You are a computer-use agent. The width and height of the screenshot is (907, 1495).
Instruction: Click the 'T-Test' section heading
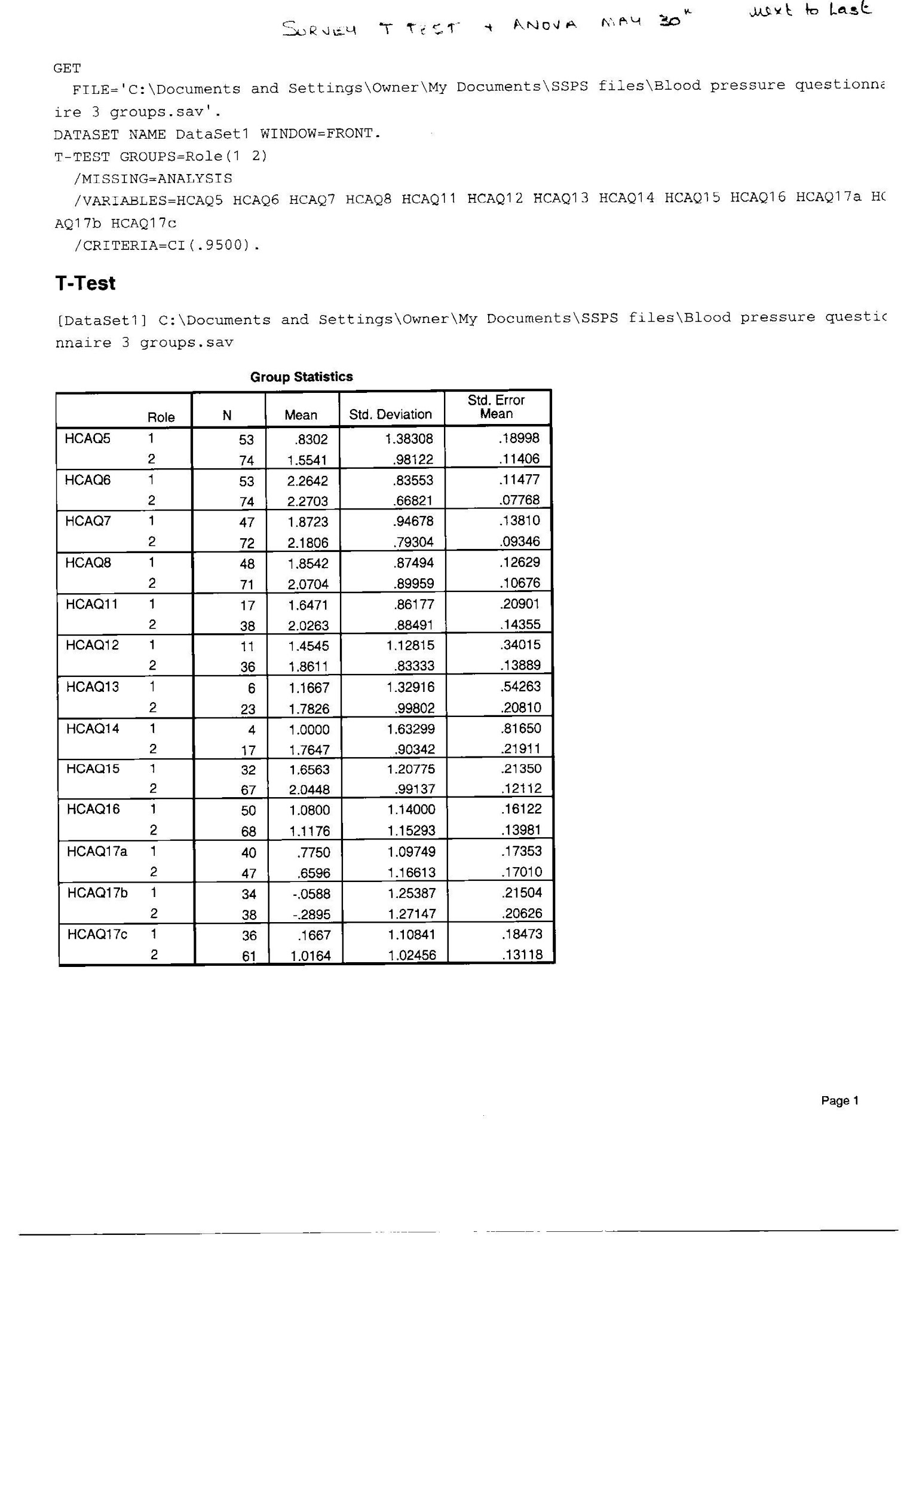point(85,283)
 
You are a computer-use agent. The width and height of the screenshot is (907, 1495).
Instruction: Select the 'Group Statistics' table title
point(301,377)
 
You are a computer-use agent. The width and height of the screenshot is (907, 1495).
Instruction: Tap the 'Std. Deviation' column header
point(390,414)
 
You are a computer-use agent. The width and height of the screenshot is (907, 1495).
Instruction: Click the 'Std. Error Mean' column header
point(496,407)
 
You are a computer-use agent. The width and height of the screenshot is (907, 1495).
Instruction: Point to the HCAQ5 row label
point(88,439)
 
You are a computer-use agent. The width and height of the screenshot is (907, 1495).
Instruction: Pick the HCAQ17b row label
point(97,892)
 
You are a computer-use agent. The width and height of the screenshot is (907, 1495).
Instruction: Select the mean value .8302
point(312,440)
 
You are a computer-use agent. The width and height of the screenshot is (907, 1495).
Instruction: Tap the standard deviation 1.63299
point(410,729)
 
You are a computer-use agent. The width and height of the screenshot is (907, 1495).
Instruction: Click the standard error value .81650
point(520,728)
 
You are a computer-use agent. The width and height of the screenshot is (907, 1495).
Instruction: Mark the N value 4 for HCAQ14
point(252,730)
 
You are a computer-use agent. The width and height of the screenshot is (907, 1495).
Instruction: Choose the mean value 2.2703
point(307,501)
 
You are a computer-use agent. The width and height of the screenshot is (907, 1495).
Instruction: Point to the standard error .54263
point(520,687)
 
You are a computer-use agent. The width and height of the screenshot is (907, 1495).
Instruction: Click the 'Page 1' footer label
point(839,1101)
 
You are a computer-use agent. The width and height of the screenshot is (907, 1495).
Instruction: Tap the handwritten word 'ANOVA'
point(544,25)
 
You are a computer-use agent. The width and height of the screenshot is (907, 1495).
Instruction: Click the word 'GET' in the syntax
point(68,68)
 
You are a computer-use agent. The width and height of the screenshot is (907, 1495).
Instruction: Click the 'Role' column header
point(161,417)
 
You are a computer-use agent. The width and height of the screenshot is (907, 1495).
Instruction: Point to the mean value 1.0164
point(311,956)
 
